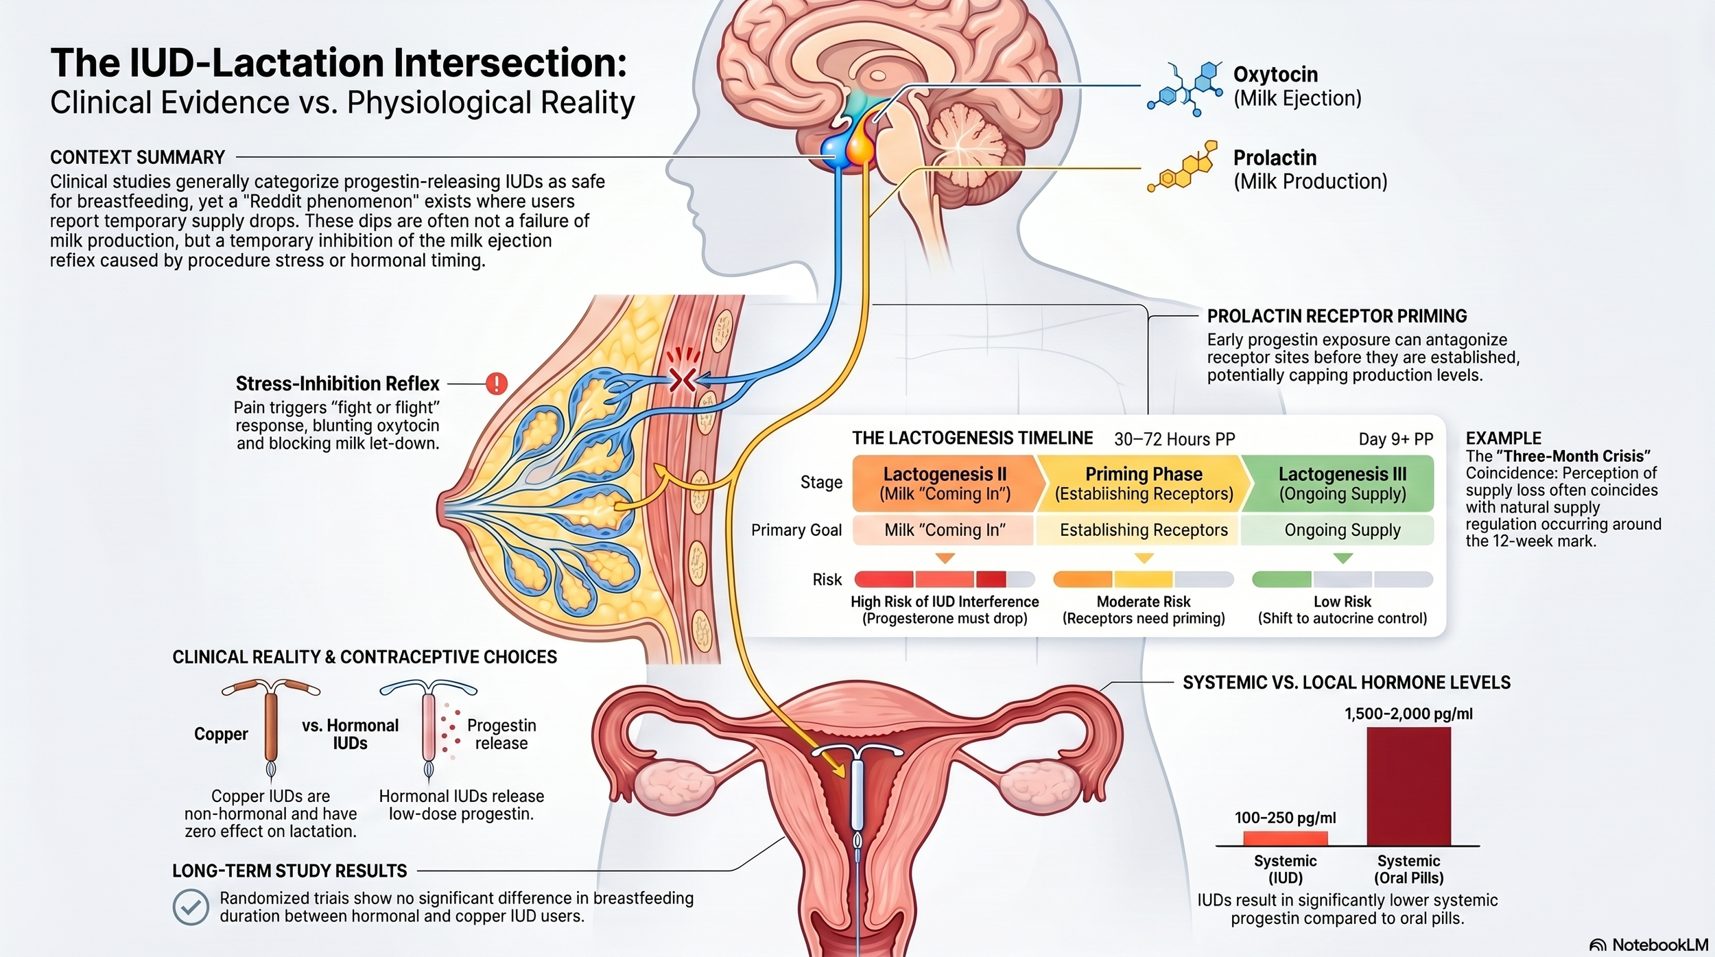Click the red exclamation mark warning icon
click(497, 383)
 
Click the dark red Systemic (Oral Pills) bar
click(1408, 786)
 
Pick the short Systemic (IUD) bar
click(1285, 838)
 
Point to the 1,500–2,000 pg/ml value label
click(1408, 713)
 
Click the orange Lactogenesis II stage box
click(945, 484)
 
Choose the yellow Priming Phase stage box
click(1144, 484)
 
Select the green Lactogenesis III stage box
click(1342, 484)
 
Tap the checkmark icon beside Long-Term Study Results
click(191, 908)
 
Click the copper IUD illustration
click(271, 727)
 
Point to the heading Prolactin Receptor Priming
click(1336, 316)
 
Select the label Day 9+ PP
click(1395, 439)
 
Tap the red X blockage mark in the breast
click(682, 379)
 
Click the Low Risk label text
click(1342, 602)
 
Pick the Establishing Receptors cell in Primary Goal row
click(1144, 530)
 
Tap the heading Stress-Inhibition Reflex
click(337, 383)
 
